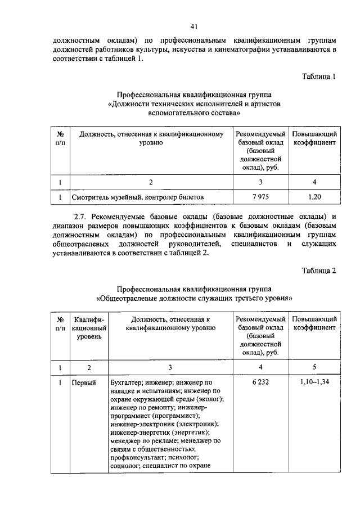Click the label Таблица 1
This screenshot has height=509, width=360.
(318, 77)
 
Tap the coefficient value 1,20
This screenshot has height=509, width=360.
(314, 197)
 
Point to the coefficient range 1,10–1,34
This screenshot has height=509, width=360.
(314, 382)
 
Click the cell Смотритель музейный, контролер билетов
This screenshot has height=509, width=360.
(137, 197)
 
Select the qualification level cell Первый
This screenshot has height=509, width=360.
(84, 383)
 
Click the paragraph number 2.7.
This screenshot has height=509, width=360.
(82, 216)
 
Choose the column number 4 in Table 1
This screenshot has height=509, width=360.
(314, 182)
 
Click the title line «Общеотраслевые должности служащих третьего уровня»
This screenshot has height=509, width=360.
(194, 298)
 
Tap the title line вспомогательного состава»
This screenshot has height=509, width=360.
(194, 113)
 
